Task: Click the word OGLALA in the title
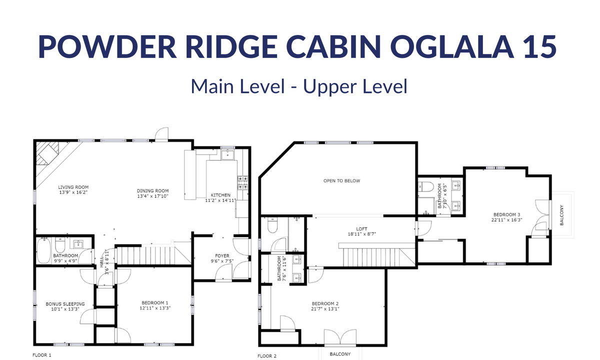(452, 46)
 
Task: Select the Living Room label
(73, 187)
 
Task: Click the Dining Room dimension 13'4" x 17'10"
(152, 196)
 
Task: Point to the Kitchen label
(220, 195)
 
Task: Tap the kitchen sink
(227, 154)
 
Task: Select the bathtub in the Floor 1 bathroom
(43, 250)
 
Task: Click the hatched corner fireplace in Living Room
(47, 153)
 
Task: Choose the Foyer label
(222, 256)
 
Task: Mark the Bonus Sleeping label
(65, 304)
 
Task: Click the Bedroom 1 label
(155, 303)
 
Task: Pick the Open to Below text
(342, 181)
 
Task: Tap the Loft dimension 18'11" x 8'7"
(361, 234)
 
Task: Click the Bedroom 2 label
(325, 303)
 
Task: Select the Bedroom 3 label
(507, 214)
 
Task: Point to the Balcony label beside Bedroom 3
(561, 215)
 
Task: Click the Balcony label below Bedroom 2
(340, 354)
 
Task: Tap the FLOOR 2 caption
(267, 356)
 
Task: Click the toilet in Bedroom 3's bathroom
(425, 186)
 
